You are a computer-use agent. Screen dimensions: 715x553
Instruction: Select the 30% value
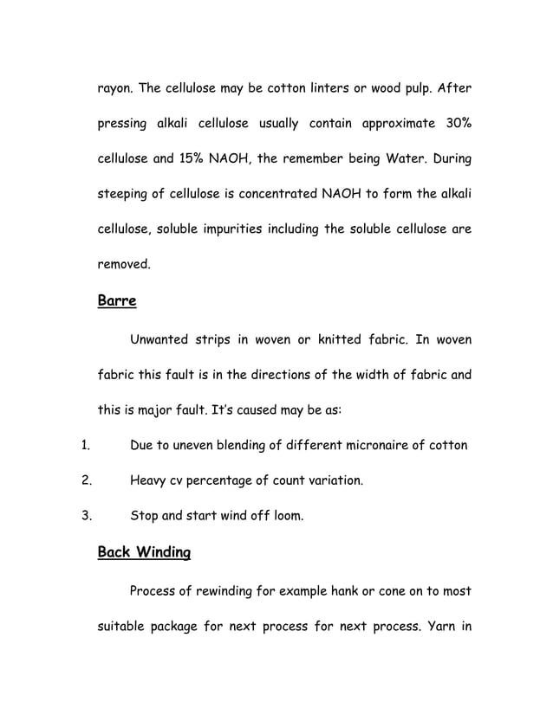(456, 124)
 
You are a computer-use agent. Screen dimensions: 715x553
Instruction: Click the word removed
(123, 266)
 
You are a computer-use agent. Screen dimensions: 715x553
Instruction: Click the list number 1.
(85, 447)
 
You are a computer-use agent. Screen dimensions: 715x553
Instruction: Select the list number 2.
(86, 481)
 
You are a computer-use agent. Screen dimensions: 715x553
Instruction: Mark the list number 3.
(86, 517)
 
